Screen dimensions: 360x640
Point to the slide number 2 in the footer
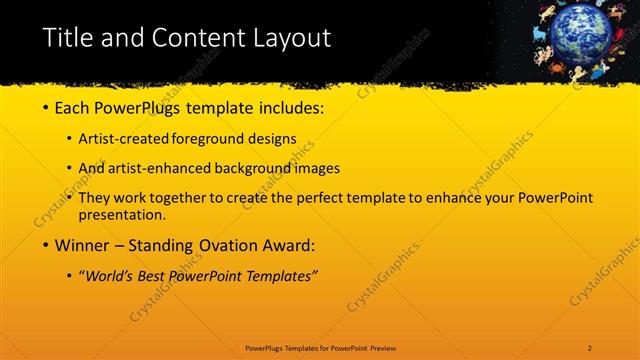[x=590, y=347]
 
